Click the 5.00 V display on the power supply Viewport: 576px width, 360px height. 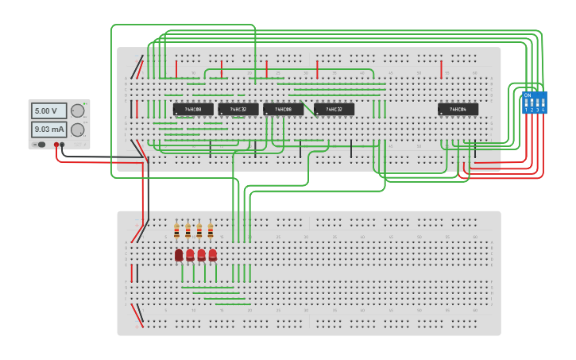(48, 111)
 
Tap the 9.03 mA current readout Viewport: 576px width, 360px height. (48, 129)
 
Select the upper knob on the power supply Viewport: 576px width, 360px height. (77, 111)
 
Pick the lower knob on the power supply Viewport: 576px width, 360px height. (77, 130)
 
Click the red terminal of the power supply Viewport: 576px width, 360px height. (56, 145)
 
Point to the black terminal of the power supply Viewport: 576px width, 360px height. (63, 145)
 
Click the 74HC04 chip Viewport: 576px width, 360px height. (458, 109)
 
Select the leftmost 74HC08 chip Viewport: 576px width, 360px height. (193, 109)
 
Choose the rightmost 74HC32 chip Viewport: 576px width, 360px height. (334, 109)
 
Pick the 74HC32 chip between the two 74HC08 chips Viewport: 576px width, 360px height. (238, 109)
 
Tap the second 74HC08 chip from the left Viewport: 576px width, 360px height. (283, 109)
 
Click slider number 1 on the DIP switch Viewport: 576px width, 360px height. (526, 103)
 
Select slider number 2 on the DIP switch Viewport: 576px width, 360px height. (532, 103)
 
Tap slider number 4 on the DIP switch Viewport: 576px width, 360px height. (543, 103)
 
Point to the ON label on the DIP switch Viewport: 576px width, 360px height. (528, 95)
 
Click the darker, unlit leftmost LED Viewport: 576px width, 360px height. (179, 254)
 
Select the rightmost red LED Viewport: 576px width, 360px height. (212, 254)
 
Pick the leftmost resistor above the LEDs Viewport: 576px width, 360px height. (176, 231)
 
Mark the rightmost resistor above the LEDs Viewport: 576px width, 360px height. (211, 231)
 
